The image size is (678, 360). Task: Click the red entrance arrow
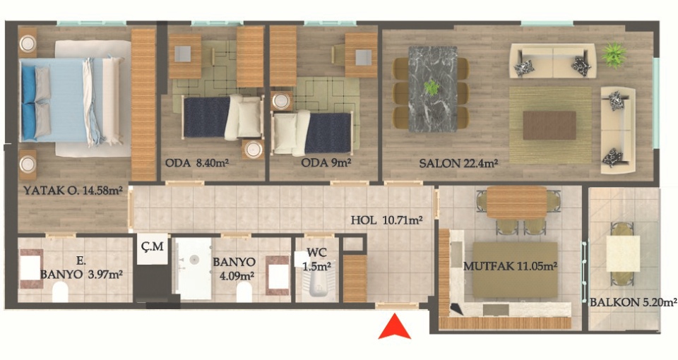click(394, 327)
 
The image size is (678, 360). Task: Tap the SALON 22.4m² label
click(459, 163)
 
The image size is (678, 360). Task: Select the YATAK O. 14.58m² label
click(73, 190)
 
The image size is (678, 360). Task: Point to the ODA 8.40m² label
click(197, 163)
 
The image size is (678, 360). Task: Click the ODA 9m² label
click(326, 163)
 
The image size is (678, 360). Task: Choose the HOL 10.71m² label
click(386, 220)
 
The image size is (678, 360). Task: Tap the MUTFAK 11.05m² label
click(510, 266)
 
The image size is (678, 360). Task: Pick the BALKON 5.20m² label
click(633, 301)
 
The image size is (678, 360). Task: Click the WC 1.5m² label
click(316, 259)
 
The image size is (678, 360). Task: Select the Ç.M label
click(153, 246)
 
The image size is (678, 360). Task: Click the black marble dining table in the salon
click(433, 88)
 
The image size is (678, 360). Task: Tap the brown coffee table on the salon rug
click(549, 126)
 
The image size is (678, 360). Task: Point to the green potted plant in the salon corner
click(614, 54)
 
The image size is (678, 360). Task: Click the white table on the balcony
click(623, 253)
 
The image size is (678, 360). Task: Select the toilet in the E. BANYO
click(60, 292)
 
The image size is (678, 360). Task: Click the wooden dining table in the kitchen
click(517, 202)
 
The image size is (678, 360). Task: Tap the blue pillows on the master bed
click(28, 102)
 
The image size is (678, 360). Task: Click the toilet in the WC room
click(319, 287)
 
